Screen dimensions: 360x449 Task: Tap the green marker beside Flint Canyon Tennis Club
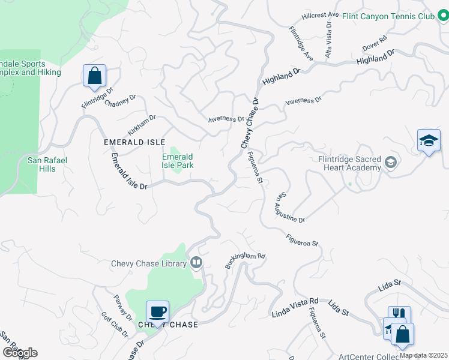click(x=444, y=16)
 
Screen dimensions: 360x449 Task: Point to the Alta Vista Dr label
click(x=328, y=39)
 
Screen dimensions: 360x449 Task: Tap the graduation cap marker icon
click(x=429, y=141)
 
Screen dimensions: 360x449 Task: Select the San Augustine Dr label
click(x=291, y=208)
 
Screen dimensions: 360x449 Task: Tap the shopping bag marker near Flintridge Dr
click(x=94, y=76)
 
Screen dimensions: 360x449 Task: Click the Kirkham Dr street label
click(x=142, y=125)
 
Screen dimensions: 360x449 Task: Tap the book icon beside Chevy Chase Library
click(x=196, y=263)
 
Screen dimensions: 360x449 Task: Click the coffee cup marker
click(x=157, y=312)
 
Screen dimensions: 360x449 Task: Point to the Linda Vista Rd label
click(x=295, y=307)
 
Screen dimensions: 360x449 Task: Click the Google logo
click(x=19, y=352)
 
